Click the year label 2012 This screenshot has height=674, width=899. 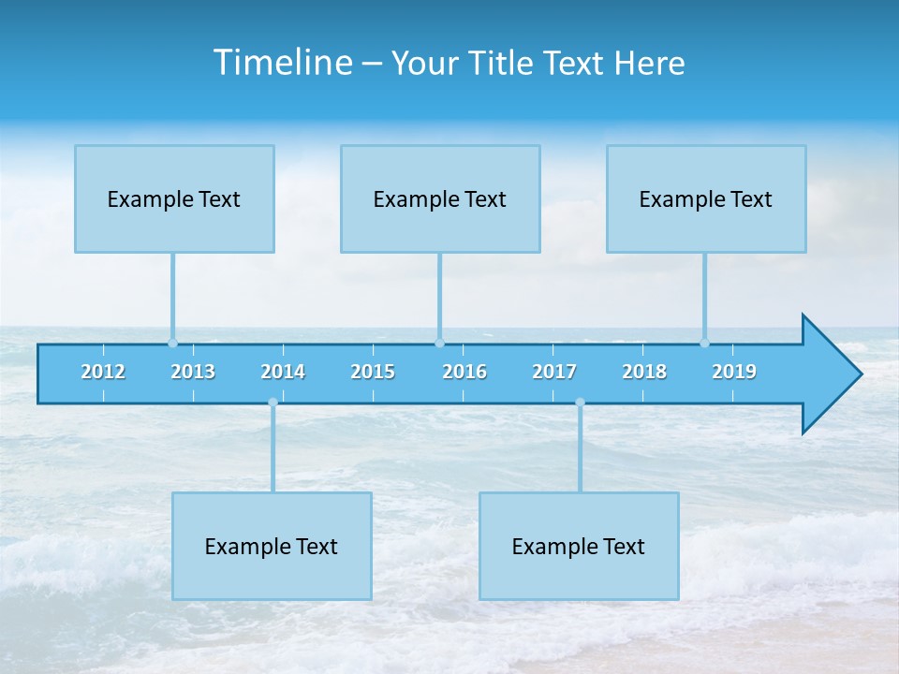coord(103,372)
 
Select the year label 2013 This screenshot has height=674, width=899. coord(193,372)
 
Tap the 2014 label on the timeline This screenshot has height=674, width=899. coord(283,372)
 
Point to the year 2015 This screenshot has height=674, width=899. coord(373,372)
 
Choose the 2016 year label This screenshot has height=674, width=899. coord(464,372)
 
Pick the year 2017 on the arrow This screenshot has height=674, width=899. coord(554,372)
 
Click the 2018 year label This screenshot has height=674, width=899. coord(644,372)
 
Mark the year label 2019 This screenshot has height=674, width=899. coord(734,372)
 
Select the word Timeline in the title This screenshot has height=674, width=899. coord(283,63)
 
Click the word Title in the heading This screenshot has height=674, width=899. coord(503,63)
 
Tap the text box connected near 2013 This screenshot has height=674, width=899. coord(174,198)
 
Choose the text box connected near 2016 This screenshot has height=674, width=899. coord(440,198)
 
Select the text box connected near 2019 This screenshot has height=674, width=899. coord(706,198)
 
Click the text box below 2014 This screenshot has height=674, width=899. coord(272,546)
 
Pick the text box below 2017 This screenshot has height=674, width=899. coord(579,546)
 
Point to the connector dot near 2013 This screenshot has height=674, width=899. coord(173,343)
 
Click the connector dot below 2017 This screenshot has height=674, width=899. coord(580,403)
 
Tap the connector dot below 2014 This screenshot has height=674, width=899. coord(273,403)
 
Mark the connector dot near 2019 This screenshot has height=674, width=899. coord(705,343)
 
